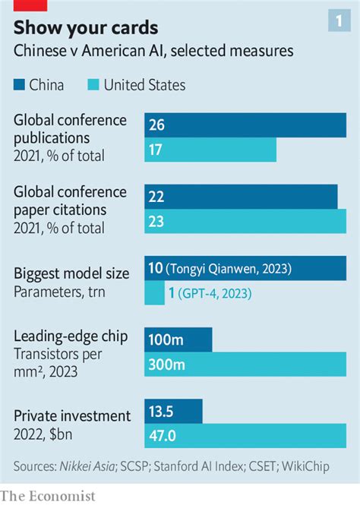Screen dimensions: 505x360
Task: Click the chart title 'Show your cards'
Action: (x=86, y=27)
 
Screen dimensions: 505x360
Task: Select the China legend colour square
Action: (x=20, y=84)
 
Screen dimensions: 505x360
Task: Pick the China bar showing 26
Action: (x=246, y=125)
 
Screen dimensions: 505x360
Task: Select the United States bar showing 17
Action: (x=210, y=150)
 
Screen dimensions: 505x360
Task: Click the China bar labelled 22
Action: (x=242, y=197)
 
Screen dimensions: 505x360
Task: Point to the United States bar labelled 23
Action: (x=246, y=223)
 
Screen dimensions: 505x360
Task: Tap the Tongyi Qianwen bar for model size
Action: (x=246, y=268)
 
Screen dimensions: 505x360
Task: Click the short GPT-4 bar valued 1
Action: (x=155, y=294)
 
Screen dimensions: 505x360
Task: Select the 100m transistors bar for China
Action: (x=178, y=339)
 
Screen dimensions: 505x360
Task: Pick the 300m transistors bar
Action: (x=246, y=365)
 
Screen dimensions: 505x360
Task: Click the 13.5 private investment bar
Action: (x=174, y=411)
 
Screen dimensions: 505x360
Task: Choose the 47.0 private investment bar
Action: (x=246, y=437)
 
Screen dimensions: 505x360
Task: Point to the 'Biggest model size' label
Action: (x=71, y=273)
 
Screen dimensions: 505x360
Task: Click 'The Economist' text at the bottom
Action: (x=49, y=495)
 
